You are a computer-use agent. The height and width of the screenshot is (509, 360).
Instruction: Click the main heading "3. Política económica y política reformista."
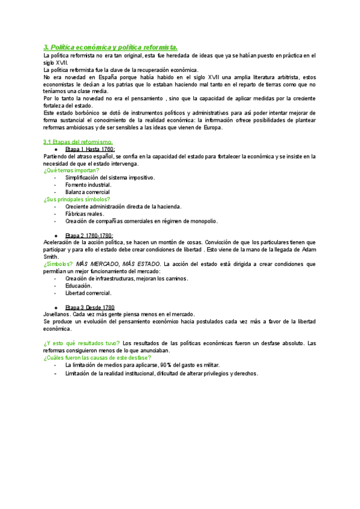[x=111, y=47]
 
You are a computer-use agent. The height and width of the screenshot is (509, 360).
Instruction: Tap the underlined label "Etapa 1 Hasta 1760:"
[x=90, y=149]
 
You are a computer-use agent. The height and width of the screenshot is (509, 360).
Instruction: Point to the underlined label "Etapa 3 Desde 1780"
[x=89, y=307]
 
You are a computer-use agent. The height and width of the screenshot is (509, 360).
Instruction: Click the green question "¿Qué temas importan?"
[x=71, y=170]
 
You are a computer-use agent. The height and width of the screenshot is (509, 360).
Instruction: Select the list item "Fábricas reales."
[x=85, y=214]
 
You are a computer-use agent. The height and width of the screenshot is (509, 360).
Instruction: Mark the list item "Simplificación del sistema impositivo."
[x=110, y=178]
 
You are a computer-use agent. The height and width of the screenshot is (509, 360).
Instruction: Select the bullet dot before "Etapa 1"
[x=55, y=149]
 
